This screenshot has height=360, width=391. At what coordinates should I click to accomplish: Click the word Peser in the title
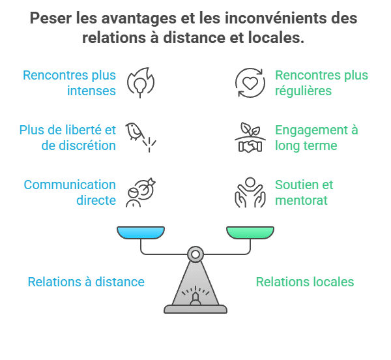51,18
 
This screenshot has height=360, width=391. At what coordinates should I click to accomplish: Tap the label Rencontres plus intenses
70,83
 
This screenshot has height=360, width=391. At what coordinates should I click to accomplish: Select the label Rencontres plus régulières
321,83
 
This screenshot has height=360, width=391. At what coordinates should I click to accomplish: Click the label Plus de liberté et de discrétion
68,137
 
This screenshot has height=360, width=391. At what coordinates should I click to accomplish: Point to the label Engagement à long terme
316,137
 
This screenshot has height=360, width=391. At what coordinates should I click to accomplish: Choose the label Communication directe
70,192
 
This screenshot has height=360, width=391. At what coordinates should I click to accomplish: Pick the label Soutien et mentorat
304,192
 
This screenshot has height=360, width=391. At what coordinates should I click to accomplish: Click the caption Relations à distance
86,282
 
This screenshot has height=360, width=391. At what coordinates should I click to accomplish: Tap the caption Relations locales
304,282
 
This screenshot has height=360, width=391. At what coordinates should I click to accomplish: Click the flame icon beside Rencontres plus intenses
140,82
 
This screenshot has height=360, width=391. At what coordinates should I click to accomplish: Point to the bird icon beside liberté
140,136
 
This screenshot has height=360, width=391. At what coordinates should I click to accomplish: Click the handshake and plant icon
250,137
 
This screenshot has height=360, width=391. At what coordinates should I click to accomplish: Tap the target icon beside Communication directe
140,192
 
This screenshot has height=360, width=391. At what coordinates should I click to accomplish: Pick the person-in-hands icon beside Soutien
250,192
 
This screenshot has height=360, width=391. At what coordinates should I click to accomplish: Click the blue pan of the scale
141,233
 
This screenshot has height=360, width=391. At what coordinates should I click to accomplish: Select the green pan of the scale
250,233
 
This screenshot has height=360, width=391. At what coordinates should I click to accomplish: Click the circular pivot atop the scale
195,253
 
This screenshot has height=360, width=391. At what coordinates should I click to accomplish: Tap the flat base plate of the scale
195,309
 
